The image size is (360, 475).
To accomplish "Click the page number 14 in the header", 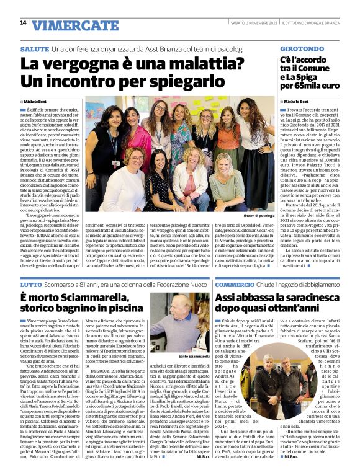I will tap(23, 23).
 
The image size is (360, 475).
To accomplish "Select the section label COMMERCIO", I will tap(235, 284).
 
